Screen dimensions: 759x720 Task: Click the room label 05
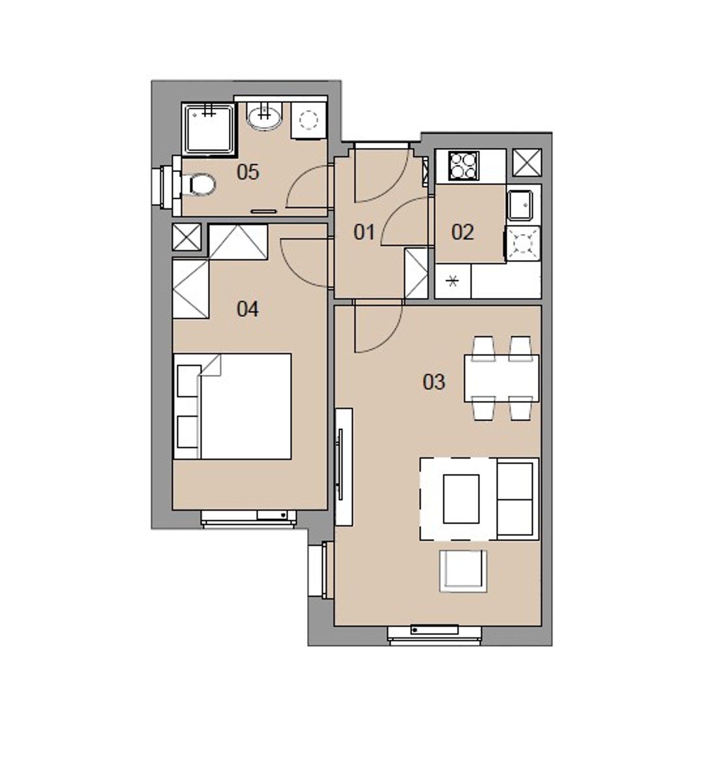point(248,172)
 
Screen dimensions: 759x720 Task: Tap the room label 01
point(364,232)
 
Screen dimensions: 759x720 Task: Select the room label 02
point(462,232)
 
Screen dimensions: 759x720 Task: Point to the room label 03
point(434,382)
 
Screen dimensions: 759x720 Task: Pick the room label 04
point(248,309)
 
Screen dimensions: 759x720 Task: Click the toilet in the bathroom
point(201,184)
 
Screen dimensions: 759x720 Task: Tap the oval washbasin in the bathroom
point(264,118)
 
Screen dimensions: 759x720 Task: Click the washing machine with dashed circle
point(309,120)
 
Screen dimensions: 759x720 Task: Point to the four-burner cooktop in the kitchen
point(463,166)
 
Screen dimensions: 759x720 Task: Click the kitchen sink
point(523,205)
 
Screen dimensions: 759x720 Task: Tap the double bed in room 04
point(233,406)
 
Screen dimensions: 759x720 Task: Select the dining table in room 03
point(502,379)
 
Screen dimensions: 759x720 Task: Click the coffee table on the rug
point(461,499)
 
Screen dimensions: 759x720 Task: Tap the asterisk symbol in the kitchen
point(453,282)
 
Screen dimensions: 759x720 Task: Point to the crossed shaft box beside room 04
point(187,237)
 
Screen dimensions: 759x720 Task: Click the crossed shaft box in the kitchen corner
point(527,162)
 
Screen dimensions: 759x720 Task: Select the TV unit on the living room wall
point(343,467)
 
